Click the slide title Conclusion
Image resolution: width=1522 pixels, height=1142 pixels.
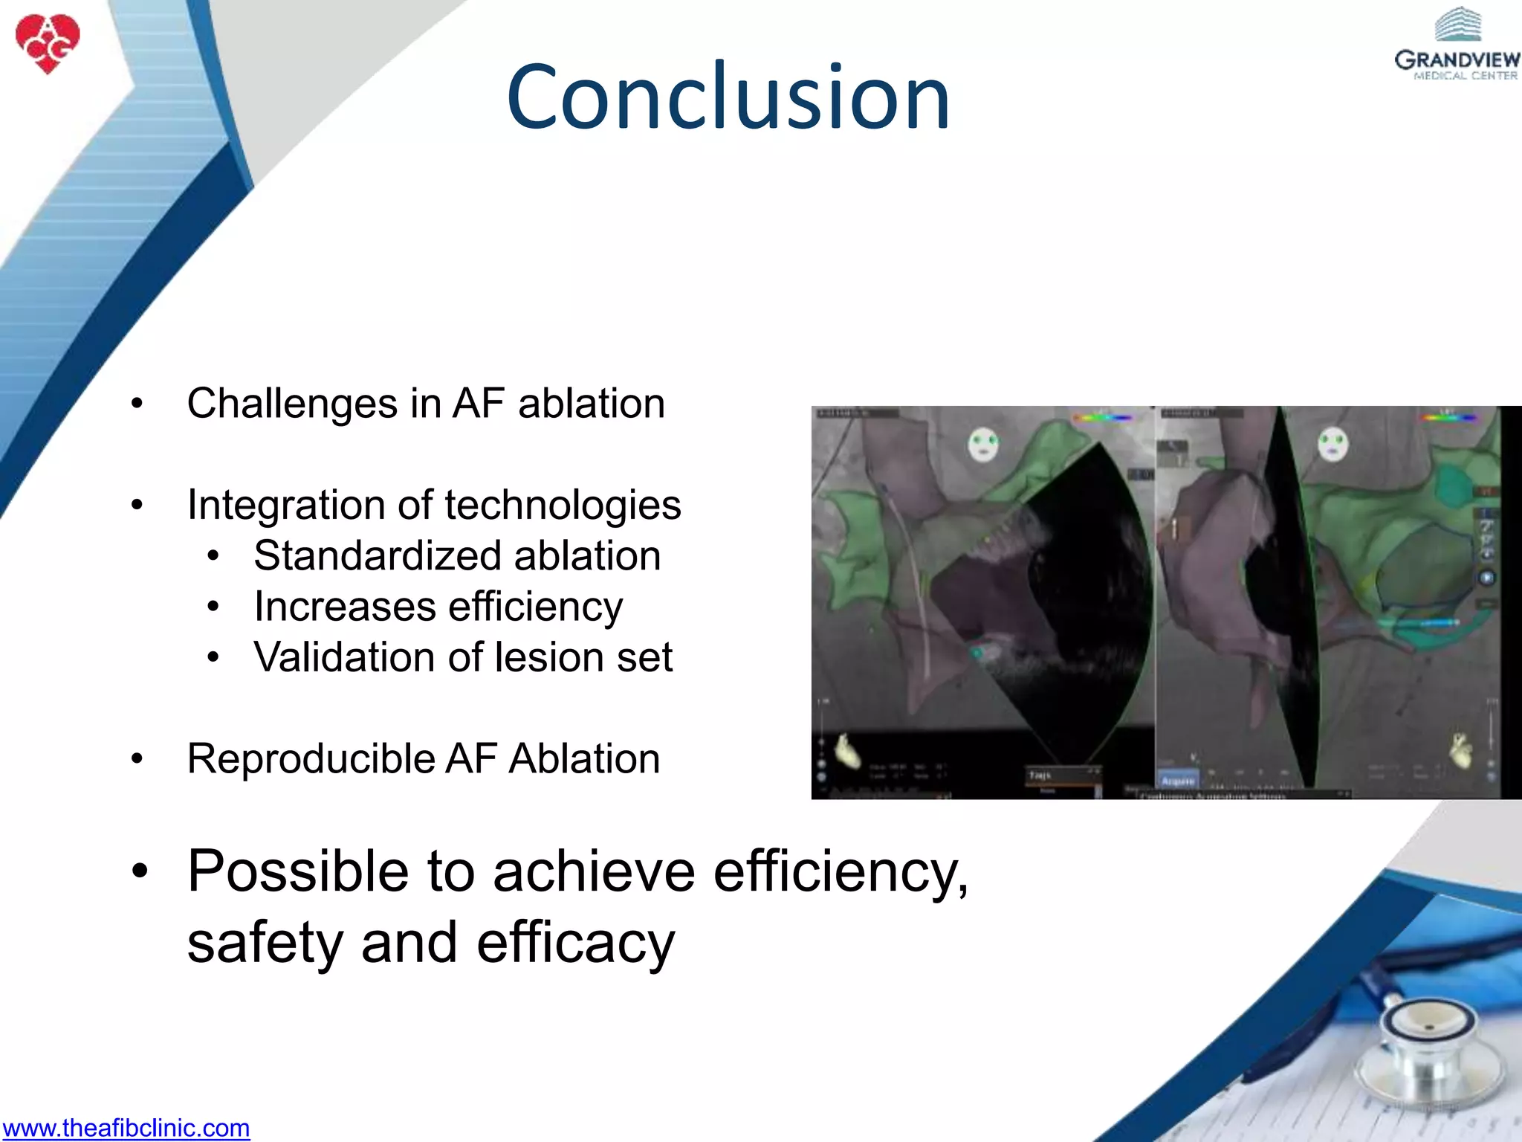(x=728, y=97)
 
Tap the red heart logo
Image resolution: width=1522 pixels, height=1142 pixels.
(x=48, y=43)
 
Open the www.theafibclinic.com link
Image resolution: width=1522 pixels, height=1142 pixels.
(x=126, y=1128)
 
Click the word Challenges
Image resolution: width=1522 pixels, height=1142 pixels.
(x=292, y=404)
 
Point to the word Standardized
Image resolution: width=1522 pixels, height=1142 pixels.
(x=375, y=556)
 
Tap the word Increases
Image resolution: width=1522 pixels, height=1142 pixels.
(x=343, y=607)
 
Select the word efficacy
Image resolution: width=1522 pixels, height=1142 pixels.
(x=575, y=943)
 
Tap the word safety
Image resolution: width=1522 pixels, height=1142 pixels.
(x=265, y=943)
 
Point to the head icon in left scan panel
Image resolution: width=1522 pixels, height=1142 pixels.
(x=983, y=444)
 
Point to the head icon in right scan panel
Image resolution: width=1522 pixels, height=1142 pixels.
(x=1332, y=444)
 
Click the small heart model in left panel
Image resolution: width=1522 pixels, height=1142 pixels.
(x=847, y=751)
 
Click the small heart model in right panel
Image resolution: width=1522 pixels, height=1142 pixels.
(x=1460, y=751)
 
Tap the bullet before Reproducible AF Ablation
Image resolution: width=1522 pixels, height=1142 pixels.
(x=137, y=759)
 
